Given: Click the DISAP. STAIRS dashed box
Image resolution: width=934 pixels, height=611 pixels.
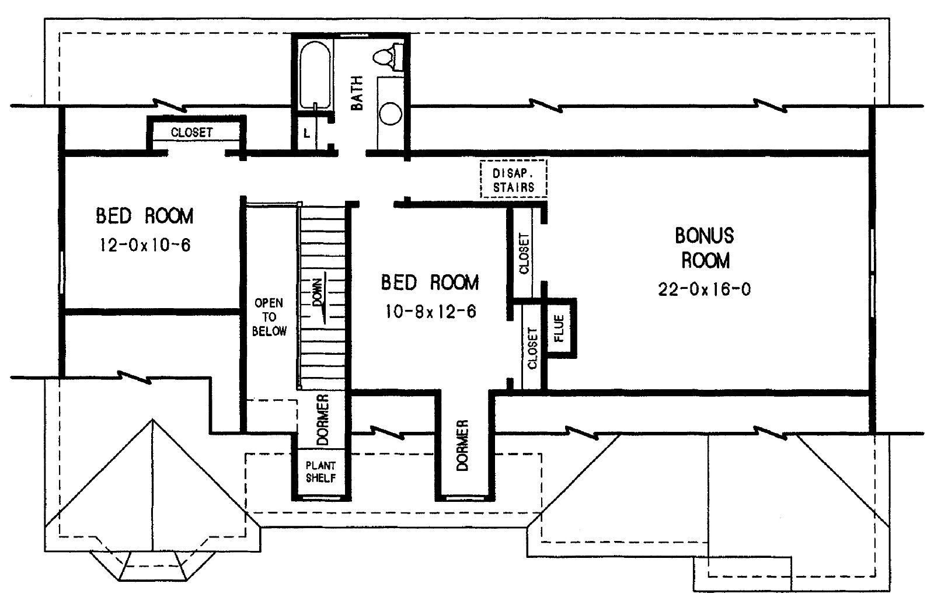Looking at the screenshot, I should click(513, 179).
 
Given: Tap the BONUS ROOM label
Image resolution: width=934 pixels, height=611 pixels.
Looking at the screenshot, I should click(705, 247).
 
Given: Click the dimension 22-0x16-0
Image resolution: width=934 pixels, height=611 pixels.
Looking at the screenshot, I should click(705, 290).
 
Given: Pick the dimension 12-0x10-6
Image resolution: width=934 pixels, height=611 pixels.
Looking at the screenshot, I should click(145, 245).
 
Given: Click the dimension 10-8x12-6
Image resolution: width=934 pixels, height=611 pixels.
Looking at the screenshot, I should click(430, 312).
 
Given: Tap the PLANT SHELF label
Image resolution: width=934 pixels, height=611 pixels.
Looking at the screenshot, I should click(320, 472).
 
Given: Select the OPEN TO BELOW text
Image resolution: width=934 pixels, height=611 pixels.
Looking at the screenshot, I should click(269, 317).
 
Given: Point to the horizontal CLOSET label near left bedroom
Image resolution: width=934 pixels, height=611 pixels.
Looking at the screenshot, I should click(191, 132).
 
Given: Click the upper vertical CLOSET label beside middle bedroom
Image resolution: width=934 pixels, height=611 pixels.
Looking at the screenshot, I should click(524, 253).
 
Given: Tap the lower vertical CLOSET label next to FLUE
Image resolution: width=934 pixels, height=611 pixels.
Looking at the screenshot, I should click(532, 348).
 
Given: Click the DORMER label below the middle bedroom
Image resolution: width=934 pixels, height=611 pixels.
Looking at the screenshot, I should click(463, 445).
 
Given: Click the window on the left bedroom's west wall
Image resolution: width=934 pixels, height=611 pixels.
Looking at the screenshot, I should click(62, 273).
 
